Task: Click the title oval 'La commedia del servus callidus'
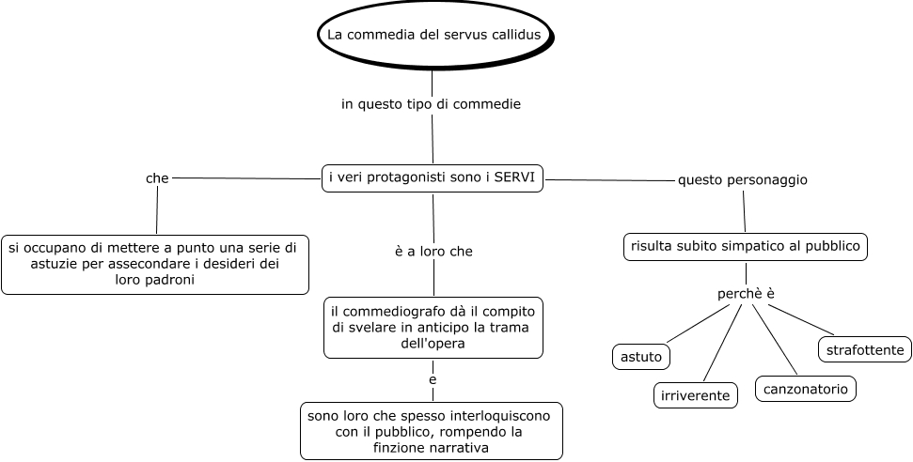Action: [x=433, y=35]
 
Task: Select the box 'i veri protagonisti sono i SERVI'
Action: [x=433, y=177]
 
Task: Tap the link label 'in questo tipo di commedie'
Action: [x=431, y=104]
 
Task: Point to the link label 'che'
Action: [x=157, y=177]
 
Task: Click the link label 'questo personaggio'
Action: [x=743, y=179]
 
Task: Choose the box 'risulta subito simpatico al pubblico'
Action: [x=745, y=247]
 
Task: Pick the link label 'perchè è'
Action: [x=746, y=294]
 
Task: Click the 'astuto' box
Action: [x=642, y=357]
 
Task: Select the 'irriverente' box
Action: [x=695, y=395]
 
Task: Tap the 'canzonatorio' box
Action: [x=806, y=388]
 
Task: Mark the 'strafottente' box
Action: [x=864, y=350]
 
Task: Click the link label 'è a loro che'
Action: [x=433, y=252]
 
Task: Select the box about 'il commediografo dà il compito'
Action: [x=433, y=328]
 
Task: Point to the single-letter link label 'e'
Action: [x=433, y=380]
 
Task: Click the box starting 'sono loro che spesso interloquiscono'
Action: [x=432, y=431]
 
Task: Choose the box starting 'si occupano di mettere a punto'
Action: [x=154, y=264]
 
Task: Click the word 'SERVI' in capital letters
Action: [x=514, y=177]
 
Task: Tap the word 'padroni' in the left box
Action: [x=170, y=280]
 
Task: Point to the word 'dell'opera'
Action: [x=433, y=345]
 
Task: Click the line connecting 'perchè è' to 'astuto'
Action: [x=700, y=324]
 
